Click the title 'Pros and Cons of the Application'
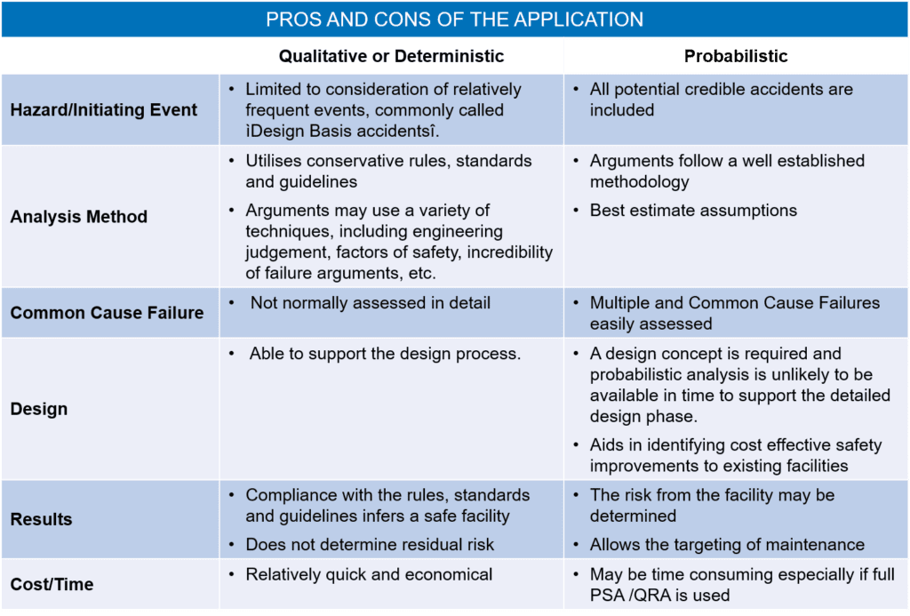pos(455,19)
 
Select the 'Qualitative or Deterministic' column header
pos(391,56)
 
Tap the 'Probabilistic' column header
pos(735,56)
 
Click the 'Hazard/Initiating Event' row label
pos(104,110)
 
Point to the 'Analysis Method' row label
pos(79,217)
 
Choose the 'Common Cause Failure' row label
pos(107,313)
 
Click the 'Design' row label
pos(39,410)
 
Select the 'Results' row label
pos(42,520)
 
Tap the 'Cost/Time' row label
pos(52,585)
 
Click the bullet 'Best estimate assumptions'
pos(693,211)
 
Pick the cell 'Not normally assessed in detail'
pos(370,303)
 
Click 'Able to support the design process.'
pos(385,354)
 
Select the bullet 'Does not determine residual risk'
pos(370,545)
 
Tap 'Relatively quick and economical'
pos(369,574)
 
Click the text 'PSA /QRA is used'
pos(659,596)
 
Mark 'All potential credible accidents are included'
pos(721,100)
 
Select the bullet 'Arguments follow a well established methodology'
pos(727,172)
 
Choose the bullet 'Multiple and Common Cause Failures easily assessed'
pos(734,314)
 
